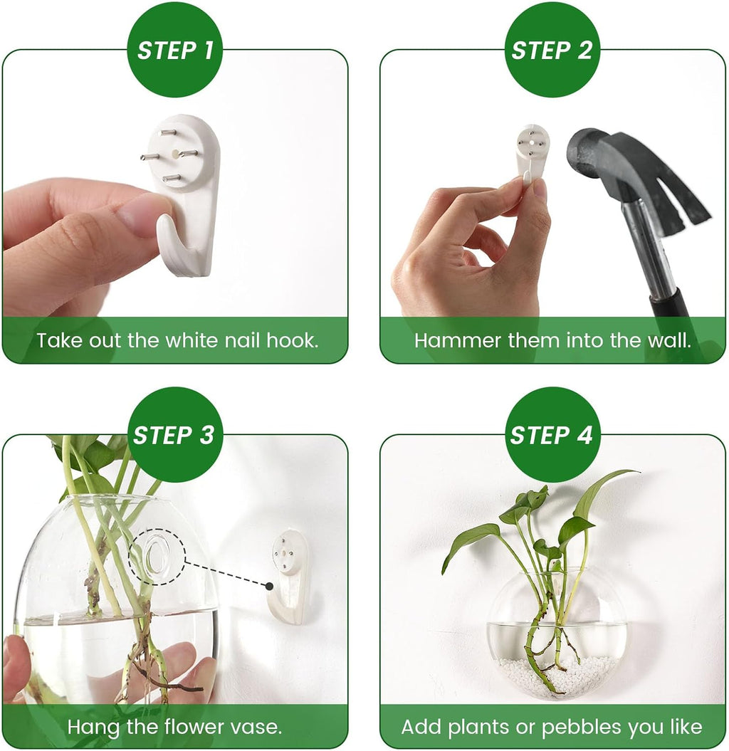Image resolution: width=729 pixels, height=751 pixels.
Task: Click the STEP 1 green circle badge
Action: tap(175, 50)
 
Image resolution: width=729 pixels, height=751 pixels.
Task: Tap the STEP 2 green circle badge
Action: tap(552, 50)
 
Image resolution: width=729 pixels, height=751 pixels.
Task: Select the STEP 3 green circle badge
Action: tap(175, 434)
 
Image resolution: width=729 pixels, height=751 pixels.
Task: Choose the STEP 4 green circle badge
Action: tap(552, 434)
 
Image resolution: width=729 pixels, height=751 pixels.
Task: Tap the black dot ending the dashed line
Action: tap(269, 587)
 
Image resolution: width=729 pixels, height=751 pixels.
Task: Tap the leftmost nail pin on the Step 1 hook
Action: tap(149, 156)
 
